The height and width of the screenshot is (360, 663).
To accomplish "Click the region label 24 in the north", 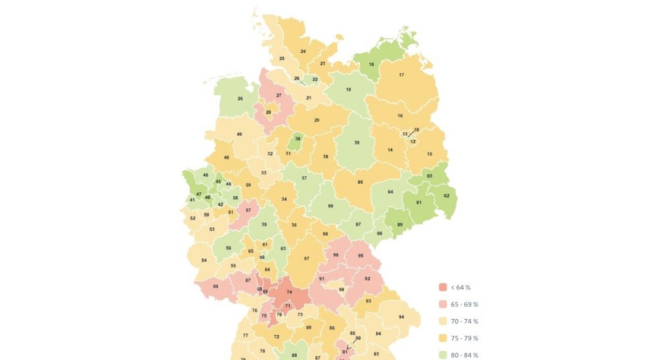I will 303,51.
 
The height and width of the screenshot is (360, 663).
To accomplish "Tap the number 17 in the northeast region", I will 401,75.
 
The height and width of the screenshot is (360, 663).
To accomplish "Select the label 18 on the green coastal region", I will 371,65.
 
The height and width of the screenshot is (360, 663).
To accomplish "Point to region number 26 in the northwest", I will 240,99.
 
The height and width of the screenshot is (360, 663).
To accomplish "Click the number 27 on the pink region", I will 279,95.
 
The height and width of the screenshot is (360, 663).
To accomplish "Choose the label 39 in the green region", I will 356,143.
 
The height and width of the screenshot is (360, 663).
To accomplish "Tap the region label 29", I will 317,120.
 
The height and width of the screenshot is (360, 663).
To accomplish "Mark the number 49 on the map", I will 239,134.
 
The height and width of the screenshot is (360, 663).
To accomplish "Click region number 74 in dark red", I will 289,292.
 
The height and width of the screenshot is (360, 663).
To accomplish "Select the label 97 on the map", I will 306,258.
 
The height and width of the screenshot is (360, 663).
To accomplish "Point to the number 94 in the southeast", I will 401,317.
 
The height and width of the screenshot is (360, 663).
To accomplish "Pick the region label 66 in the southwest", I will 215,286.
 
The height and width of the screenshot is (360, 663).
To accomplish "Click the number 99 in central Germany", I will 331,206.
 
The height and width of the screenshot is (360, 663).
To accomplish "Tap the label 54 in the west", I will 204,260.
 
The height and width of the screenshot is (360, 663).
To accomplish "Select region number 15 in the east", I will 429,153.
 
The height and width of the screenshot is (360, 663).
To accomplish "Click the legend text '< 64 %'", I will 460,287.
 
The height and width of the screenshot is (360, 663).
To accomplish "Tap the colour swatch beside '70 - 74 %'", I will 443,321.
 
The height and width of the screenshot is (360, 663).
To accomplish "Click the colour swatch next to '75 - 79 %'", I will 443,338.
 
